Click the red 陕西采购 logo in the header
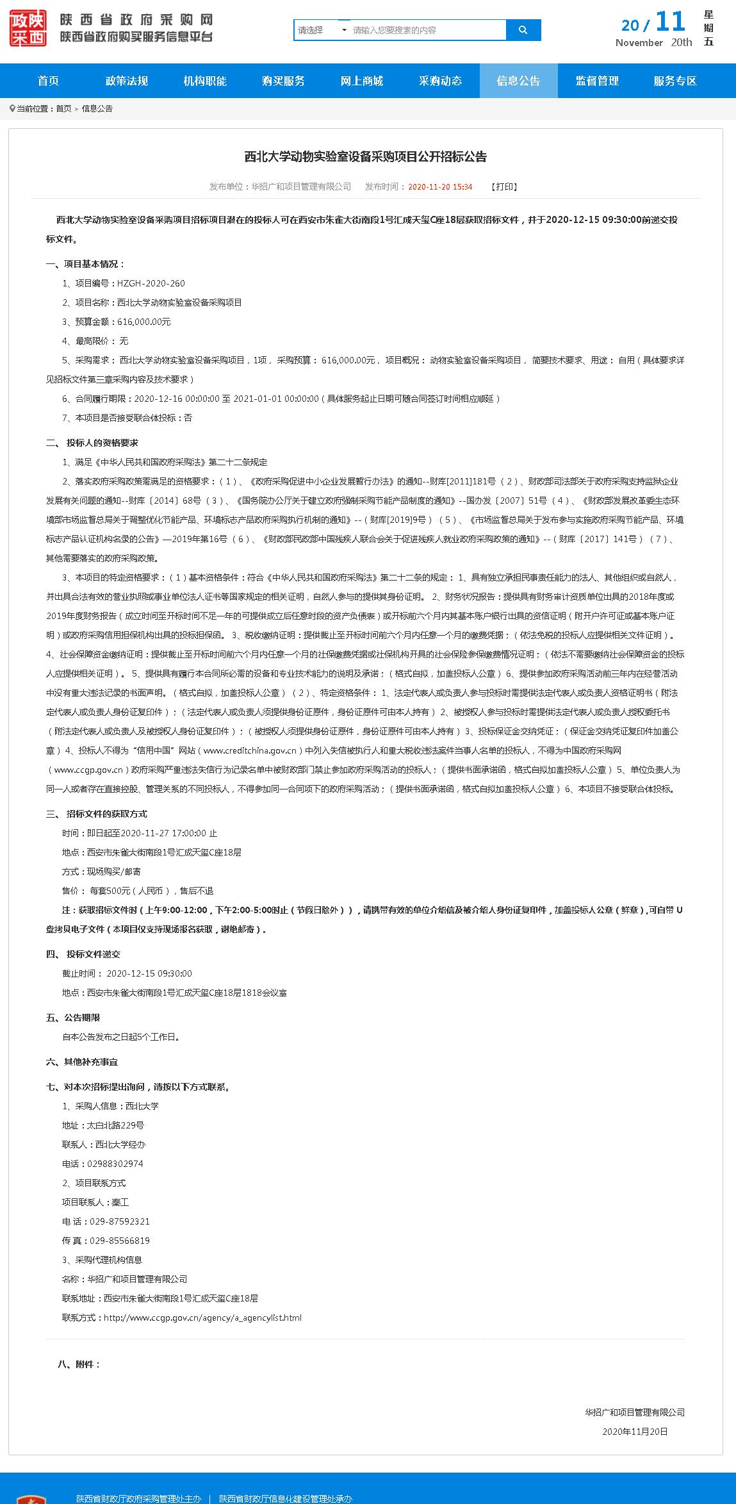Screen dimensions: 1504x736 coord(28,28)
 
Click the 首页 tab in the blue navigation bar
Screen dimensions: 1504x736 coord(48,81)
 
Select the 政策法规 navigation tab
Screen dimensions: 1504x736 coord(127,81)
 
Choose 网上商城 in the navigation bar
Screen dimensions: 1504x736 coord(362,81)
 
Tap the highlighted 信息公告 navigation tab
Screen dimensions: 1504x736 coord(518,81)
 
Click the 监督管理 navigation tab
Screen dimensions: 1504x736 coord(597,81)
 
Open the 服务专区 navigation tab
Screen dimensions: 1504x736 coord(675,81)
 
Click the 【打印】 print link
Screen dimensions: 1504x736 coord(504,186)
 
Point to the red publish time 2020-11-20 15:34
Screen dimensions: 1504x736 coord(440,186)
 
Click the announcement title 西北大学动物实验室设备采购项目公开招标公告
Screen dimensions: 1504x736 coord(365,157)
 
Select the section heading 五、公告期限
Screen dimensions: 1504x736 coord(73,1018)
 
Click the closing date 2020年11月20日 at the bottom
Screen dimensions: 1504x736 coord(635,1432)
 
